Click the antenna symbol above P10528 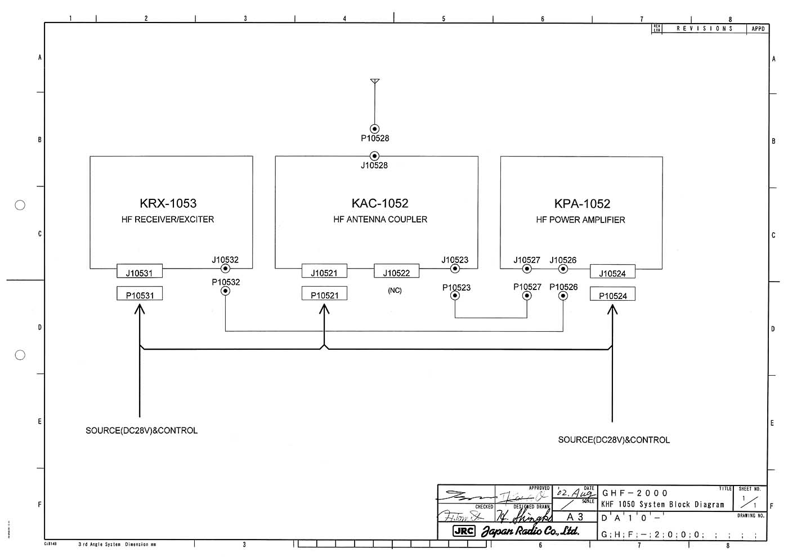375,82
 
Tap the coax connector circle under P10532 225,291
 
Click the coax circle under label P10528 375,128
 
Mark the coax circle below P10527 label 527,296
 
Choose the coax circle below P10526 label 563,296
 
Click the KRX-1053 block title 168,203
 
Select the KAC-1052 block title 380,203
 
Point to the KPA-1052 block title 582,204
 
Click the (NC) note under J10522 395,291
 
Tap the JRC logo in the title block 464,531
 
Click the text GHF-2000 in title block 635,493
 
